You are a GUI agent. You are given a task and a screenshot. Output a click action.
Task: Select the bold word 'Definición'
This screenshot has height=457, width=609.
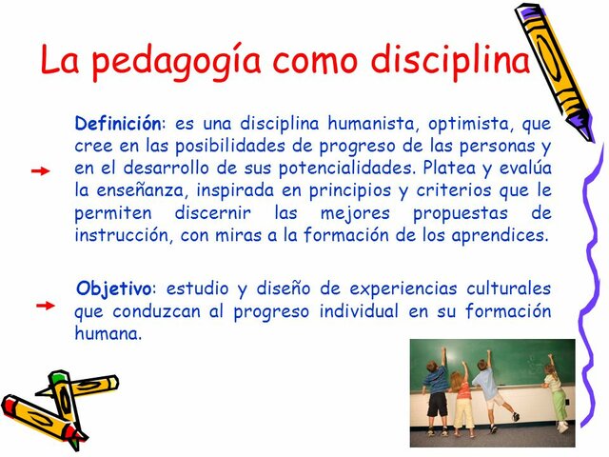point(118,124)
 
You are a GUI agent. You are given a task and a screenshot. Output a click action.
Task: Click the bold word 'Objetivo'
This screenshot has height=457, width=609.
point(115,288)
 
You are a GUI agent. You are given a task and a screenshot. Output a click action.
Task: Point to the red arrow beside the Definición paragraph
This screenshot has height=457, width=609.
point(39,170)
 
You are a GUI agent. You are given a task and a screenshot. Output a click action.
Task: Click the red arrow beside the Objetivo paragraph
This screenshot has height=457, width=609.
point(45,306)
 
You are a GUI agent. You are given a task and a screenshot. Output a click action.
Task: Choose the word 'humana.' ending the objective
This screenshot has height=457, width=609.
point(108,333)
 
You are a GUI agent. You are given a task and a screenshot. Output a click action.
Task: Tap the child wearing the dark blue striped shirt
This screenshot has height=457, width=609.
point(437,390)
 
